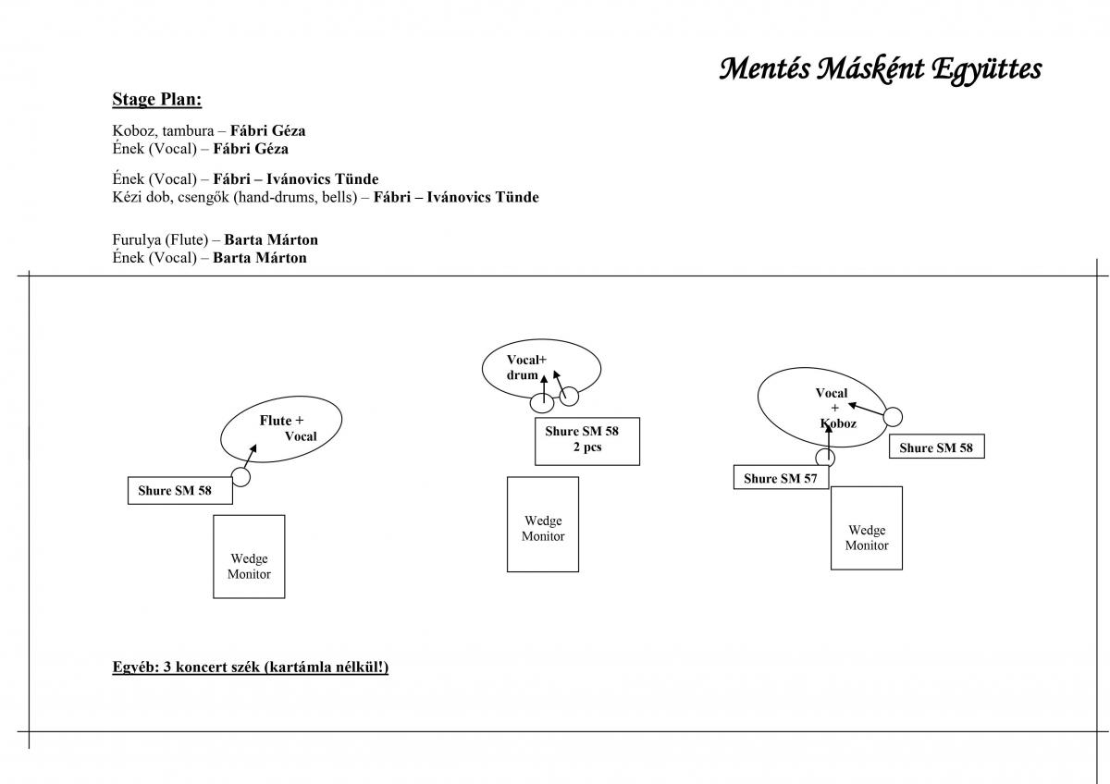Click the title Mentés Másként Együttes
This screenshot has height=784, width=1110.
pos(880,68)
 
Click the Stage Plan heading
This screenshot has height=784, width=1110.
pos(156,99)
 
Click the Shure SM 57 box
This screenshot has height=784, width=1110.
pos(781,479)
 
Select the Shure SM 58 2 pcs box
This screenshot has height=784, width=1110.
pos(586,441)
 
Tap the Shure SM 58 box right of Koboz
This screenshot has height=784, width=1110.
pos(936,447)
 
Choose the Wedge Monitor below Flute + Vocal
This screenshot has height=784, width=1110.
pos(249,566)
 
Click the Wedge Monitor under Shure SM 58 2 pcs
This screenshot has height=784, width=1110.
pos(542,529)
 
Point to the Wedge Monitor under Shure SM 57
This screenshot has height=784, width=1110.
pos(866,537)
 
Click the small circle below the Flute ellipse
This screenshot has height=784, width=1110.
pos(240,477)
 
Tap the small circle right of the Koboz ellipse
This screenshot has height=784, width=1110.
pos(892,417)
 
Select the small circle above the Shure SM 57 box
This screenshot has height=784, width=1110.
pos(825,458)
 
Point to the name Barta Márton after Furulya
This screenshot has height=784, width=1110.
pos(271,239)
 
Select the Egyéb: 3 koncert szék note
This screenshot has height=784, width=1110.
pos(250,667)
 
